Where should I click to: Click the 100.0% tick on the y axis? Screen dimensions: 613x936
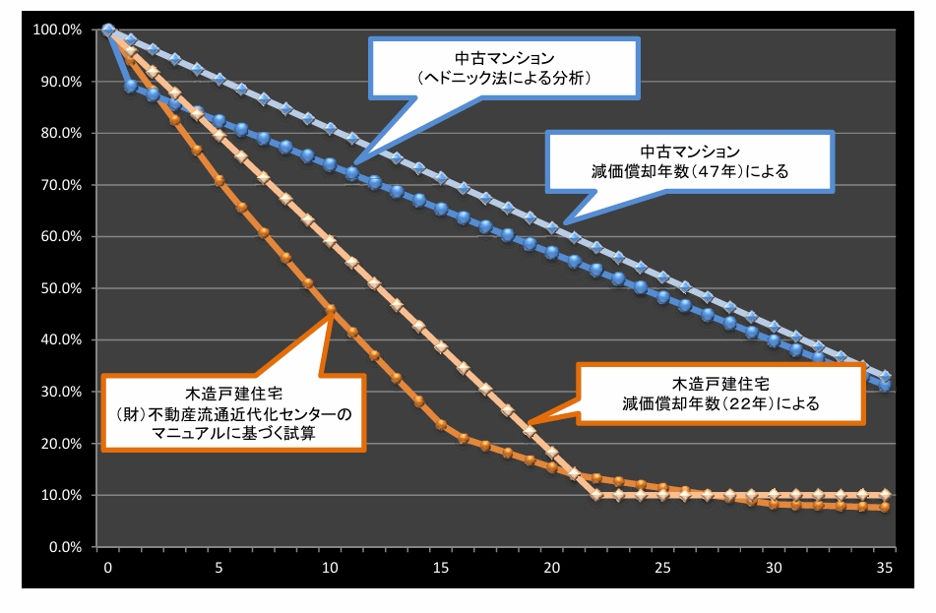57,31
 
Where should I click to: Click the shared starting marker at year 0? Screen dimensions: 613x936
108,31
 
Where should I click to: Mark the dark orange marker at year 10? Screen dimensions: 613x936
331,309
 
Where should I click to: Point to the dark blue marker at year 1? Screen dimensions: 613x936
131,87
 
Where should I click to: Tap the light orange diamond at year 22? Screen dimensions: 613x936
596,494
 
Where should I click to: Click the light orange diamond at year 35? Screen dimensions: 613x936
885,494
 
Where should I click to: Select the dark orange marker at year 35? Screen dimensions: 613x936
885,508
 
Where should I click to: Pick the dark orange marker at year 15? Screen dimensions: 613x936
441,425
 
